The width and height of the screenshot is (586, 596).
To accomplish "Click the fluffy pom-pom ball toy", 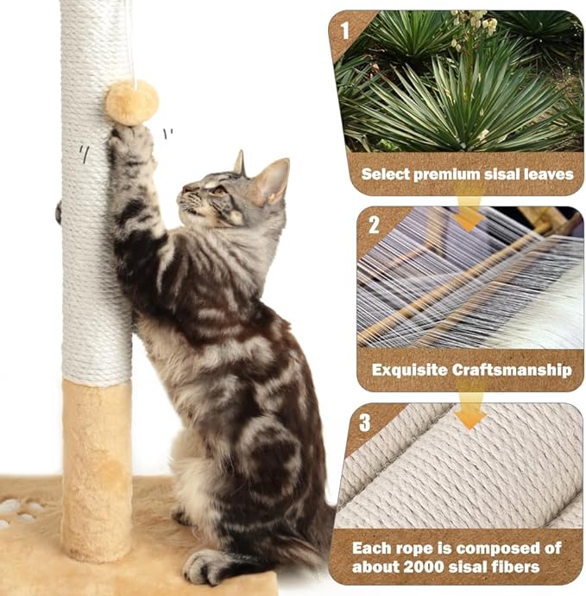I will pyautogui.click(x=132, y=102).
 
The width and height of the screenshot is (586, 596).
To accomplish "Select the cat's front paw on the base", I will pyautogui.click(x=207, y=567).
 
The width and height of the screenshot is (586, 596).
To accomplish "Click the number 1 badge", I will pyautogui.click(x=345, y=32).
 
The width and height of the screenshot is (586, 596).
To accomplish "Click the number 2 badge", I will pyautogui.click(x=374, y=225).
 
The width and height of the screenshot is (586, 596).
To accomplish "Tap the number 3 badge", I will pyautogui.click(x=365, y=422).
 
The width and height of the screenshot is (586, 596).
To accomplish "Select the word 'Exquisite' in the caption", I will pyautogui.click(x=409, y=370).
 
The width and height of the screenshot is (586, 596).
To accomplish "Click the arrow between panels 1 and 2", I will pyautogui.click(x=469, y=212).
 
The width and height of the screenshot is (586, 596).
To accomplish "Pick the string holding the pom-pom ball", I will pyautogui.click(x=132, y=43).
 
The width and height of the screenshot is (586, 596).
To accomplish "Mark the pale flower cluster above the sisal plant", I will pyautogui.click(x=474, y=22).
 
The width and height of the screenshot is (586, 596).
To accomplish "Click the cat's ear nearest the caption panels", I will pyautogui.click(x=272, y=181).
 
